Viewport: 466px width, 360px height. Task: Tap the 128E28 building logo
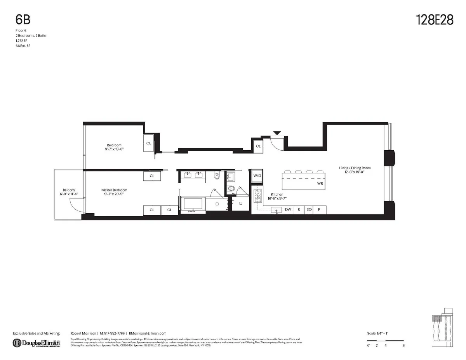tap(435, 20)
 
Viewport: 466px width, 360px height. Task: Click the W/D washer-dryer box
tap(257, 176)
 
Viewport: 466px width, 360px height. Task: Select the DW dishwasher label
tap(288, 210)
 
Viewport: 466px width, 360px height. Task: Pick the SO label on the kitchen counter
tap(310, 210)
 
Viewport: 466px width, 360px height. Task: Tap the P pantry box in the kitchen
tap(320, 210)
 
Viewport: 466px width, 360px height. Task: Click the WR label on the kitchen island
tap(320, 183)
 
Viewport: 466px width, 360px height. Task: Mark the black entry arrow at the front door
tap(276, 133)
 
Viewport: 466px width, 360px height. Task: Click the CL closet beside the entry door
tap(258, 146)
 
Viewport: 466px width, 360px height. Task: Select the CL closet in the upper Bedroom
tap(149, 143)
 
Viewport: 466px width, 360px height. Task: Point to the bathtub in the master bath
tap(193, 204)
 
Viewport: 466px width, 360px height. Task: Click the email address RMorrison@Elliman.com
tap(148, 333)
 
